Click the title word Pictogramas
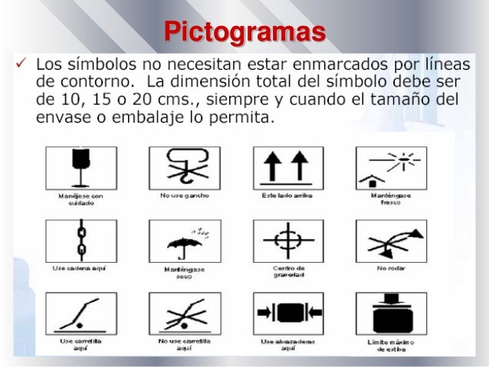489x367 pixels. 245,33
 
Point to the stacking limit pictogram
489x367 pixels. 391,313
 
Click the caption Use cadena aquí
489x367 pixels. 80,269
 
